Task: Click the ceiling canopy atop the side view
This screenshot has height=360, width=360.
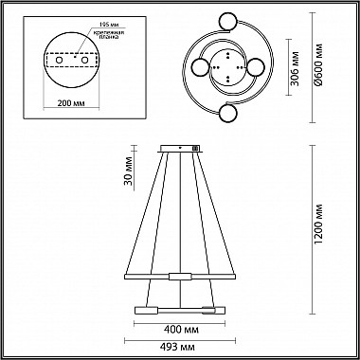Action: coord(180,149)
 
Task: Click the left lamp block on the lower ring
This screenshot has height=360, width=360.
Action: coord(147,309)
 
